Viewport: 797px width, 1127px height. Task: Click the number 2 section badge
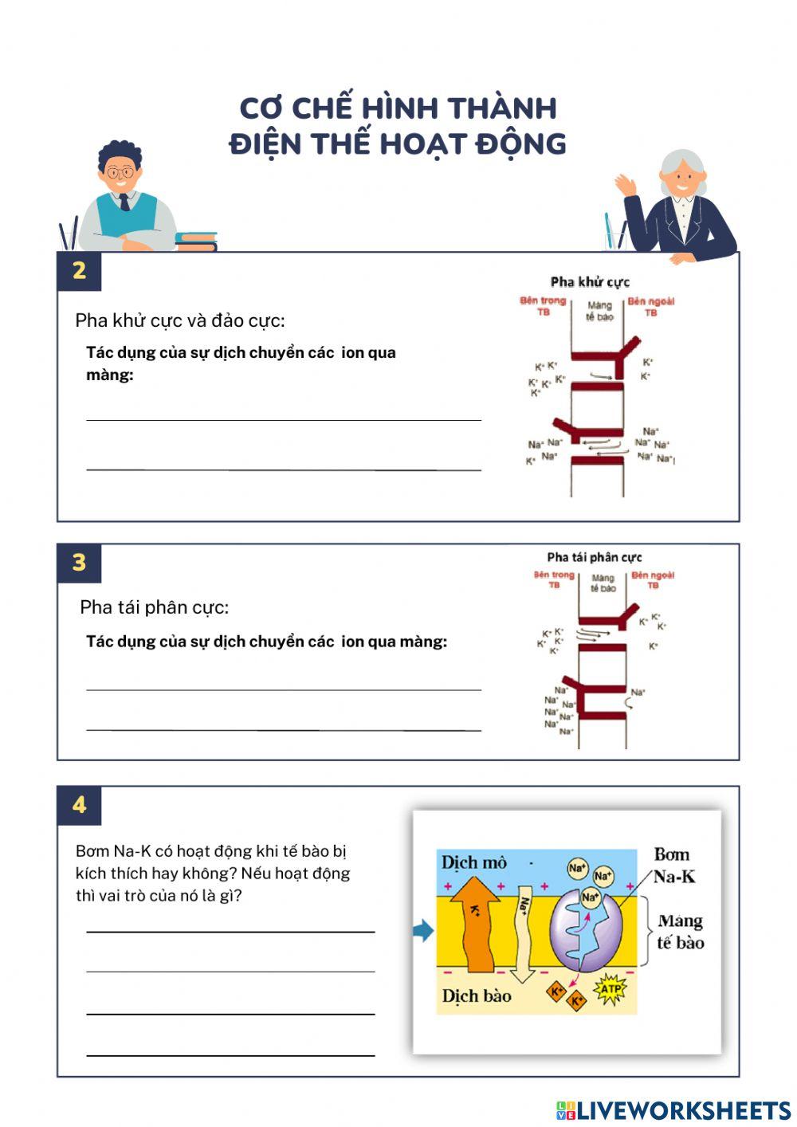click(79, 271)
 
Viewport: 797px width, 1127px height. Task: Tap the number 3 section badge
click(79, 563)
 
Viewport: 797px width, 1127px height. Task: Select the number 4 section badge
click(79, 805)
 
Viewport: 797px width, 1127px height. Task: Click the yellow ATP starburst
click(610, 989)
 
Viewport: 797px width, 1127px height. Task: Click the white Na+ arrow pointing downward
click(524, 933)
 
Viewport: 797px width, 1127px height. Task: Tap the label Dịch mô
click(473, 862)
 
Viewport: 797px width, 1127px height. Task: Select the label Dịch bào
click(476, 995)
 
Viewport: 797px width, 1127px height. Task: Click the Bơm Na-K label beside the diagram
click(673, 866)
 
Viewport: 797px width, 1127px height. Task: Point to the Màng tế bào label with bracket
click(680, 932)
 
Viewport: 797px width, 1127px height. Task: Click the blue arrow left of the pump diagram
click(423, 930)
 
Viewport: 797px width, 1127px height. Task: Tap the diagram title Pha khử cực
click(590, 281)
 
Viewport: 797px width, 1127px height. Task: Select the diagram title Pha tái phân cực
click(594, 557)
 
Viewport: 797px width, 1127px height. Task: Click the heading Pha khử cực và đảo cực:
click(179, 320)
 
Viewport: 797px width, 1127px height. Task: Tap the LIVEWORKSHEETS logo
click(673, 1110)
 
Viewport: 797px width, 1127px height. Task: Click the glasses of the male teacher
click(121, 172)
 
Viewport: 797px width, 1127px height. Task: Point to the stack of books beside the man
click(196, 241)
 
